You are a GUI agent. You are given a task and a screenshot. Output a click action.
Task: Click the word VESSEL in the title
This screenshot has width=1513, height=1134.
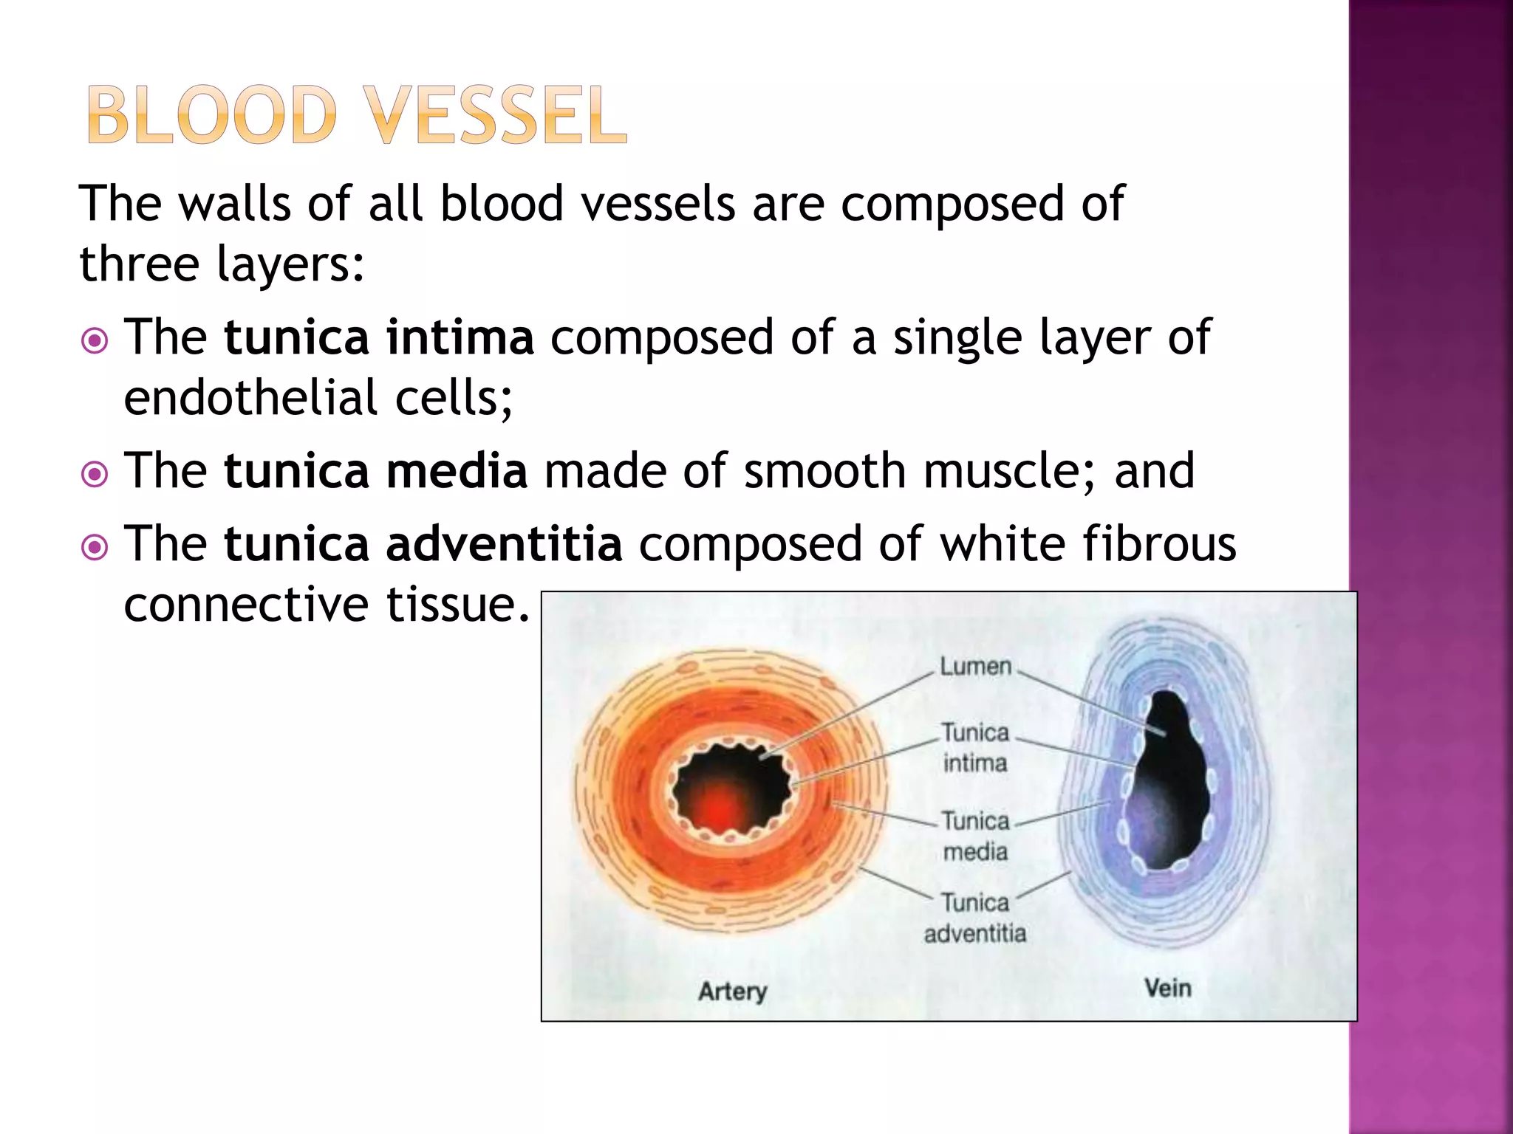[x=498, y=115]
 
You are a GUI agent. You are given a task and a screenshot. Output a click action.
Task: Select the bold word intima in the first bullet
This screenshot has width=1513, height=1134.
[x=460, y=338]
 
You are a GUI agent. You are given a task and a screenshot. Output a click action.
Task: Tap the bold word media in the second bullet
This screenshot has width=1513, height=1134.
[x=457, y=472]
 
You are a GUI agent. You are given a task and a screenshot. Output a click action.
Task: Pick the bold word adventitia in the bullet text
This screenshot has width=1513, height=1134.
[x=504, y=545]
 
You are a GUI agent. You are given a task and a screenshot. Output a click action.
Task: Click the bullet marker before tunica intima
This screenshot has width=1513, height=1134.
[x=94, y=341]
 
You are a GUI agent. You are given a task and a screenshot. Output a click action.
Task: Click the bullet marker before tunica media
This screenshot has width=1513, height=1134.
[x=94, y=474]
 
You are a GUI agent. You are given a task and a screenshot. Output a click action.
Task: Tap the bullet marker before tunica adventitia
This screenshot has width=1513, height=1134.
[x=94, y=547]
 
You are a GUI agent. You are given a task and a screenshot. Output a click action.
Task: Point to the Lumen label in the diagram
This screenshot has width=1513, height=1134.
[x=975, y=667]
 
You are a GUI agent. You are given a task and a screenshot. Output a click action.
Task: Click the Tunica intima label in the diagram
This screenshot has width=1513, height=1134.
[x=975, y=748]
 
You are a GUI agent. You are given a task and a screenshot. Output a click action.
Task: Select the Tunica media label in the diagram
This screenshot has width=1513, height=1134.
[x=975, y=836]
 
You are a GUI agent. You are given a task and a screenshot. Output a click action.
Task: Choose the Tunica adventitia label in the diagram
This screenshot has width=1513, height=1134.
[x=975, y=918]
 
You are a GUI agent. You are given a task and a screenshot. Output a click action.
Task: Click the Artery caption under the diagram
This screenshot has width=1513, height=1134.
[x=732, y=991]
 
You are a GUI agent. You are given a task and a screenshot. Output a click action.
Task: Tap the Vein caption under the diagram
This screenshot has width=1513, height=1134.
[x=1167, y=988]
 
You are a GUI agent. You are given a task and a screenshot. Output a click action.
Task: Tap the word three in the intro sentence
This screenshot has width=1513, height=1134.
[x=138, y=264]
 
